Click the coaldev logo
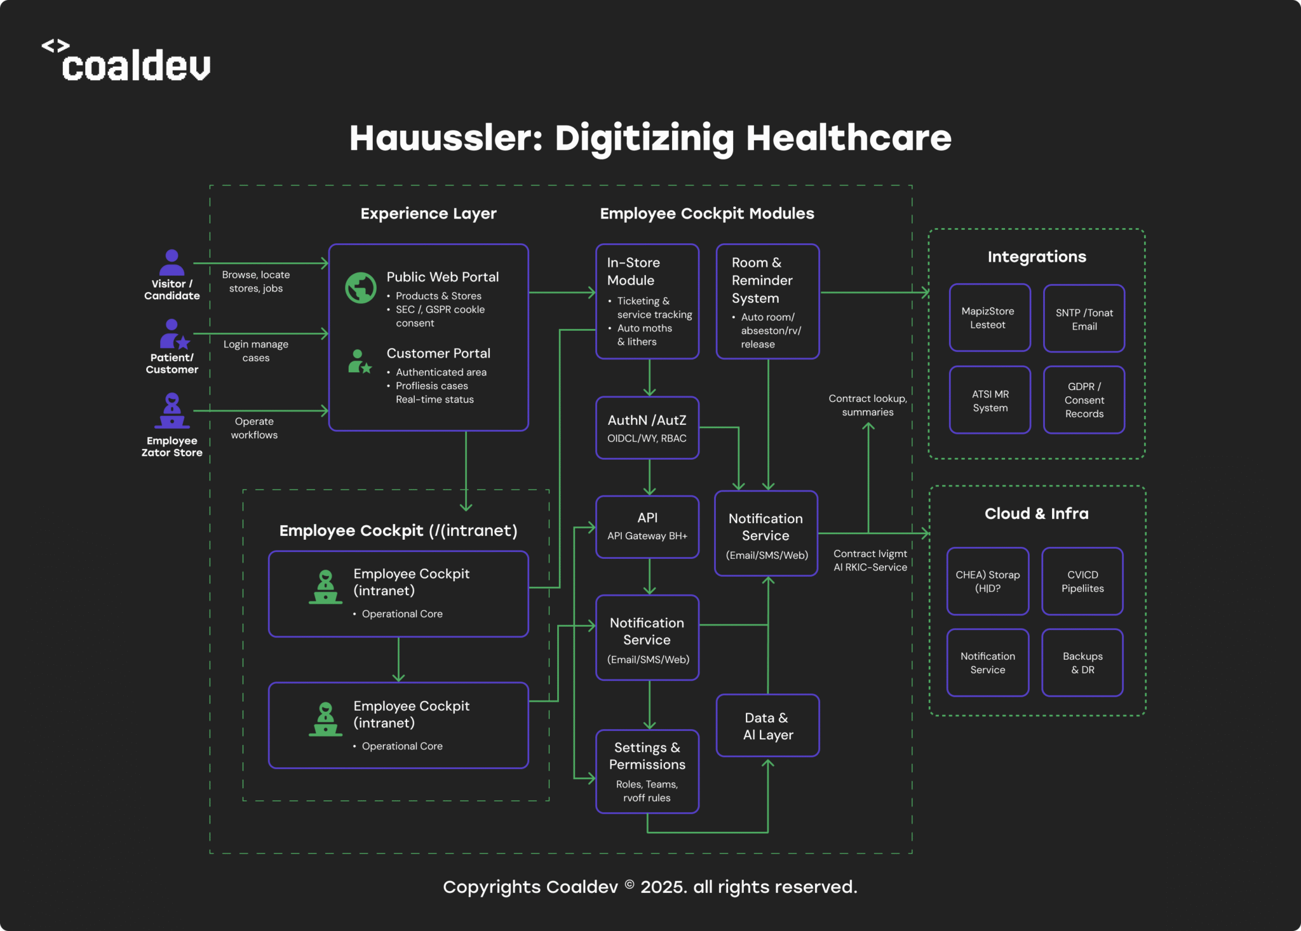pos(127,62)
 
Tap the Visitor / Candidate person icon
pos(172,262)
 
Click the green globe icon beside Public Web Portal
pos(361,288)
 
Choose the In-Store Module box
pos(647,301)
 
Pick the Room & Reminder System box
pos(767,301)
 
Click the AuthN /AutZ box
pos(647,427)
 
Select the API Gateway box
pos(647,526)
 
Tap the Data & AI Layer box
pos(767,725)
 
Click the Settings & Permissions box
pos(647,771)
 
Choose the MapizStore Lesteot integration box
pos(989,318)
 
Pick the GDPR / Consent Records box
pos(1084,399)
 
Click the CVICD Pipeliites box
pos(1082,581)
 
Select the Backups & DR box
pos(1082,662)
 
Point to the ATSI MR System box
pos(990,400)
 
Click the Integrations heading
pos(1037,257)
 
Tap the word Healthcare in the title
pos(849,138)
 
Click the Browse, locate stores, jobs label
pos(256,281)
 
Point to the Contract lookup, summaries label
pos(868,405)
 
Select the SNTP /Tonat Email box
pos(1084,319)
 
